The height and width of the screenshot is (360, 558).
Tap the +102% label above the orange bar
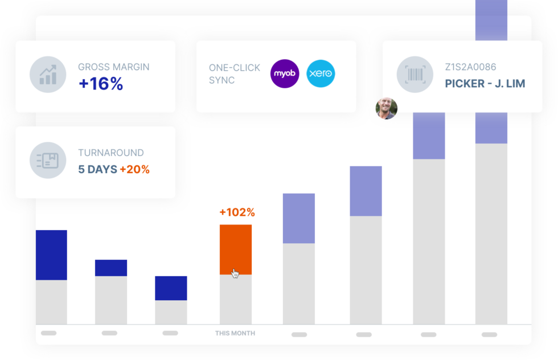point(237,212)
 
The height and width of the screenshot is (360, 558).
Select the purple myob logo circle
point(285,74)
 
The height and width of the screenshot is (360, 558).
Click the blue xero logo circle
point(321,74)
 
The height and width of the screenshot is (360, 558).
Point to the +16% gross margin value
point(101,84)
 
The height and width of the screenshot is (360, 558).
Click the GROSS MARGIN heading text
point(114,67)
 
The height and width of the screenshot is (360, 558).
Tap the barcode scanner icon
point(415,75)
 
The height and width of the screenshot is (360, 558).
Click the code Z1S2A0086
point(470,67)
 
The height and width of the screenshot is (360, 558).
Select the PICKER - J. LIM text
point(485,84)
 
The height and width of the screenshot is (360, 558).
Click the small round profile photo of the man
point(386,108)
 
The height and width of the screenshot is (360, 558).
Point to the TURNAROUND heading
point(111,153)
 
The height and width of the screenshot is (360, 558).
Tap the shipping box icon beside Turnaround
point(48,161)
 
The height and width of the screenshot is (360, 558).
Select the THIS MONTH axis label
point(235,333)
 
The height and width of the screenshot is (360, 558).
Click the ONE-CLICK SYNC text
point(235,74)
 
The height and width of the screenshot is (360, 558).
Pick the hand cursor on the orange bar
point(235,273)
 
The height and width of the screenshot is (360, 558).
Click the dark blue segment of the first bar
point(51,255)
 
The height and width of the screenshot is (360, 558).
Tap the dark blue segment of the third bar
point(171,288)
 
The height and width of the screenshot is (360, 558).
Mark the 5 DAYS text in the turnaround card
point(97,169)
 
